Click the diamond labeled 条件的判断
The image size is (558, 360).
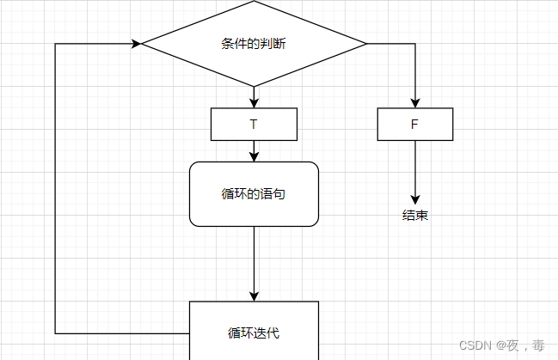pyautogui.click(x=254, y=44)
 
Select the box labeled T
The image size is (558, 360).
pyautogui.click(x=254, y=124)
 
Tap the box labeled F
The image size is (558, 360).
pyautogui.click(x=415, y=124)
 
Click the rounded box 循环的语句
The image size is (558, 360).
pyautogui.click(x=254, y=194)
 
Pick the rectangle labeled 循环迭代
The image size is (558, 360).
pyautogui.click(x=254, y=332)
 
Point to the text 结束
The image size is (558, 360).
pyautogui.click(x=415, y=216)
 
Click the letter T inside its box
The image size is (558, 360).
pyautogui.click(x=254, y=124)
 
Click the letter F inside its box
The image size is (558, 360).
pyautogui.click(x=414, y=124)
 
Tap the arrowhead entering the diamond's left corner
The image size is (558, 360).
pyautogui.click(x=136, y=43)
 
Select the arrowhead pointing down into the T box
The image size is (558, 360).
pyautogui.click(x=254, y=102)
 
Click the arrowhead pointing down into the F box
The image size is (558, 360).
pyautogui.click(x=415, y=102)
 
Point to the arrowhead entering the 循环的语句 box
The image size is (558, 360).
pyautogui.click(x=254, y=156)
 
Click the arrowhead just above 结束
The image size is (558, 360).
pyautogui.click(x=415, y=197)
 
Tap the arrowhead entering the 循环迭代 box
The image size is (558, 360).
pyautogui.click(x=254, y=296)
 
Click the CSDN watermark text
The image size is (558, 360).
pyautogui.click(x=501, y=345)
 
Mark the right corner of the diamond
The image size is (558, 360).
pyautogui.click(x=366, y=43)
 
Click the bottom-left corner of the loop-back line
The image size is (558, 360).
pyautogui.click(x=56, y=333)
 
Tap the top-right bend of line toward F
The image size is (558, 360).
pyautogui.click(x=415, y=43)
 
